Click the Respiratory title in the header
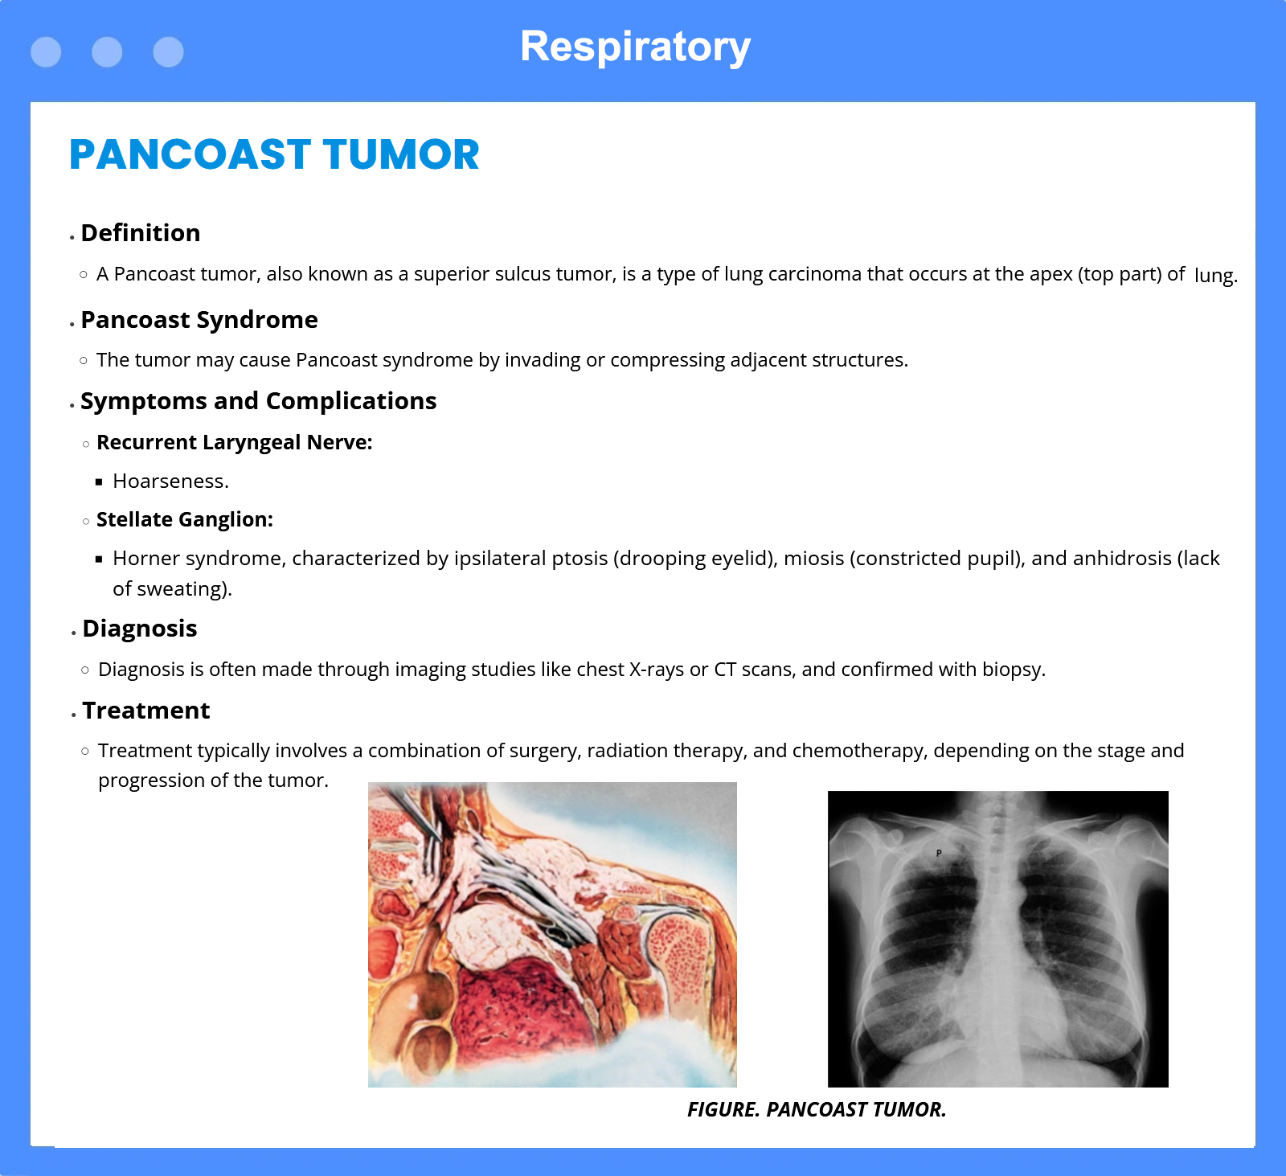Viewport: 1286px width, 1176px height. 635,47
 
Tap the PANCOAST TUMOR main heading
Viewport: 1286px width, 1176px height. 274,154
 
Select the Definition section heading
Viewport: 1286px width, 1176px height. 141,233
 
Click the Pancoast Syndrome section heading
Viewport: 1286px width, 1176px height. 199,320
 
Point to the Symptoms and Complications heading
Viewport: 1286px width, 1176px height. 259,401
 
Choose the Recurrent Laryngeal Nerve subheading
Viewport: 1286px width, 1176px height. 235,443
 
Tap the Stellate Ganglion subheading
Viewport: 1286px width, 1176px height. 185,520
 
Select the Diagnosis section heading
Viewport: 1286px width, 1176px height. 140,629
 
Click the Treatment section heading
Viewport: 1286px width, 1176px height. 146,711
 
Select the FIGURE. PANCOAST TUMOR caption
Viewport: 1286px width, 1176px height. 817,1109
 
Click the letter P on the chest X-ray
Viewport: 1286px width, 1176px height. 939,853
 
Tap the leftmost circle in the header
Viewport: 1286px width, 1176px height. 46,52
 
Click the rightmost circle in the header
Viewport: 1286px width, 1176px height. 168,52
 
